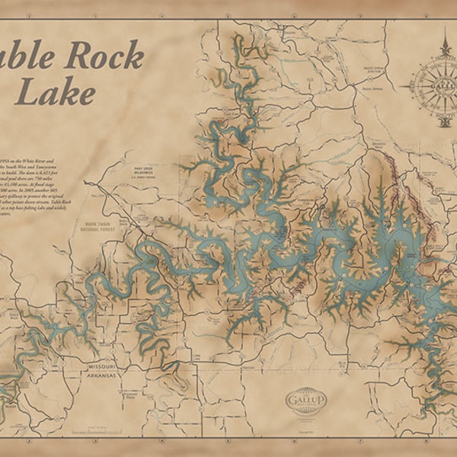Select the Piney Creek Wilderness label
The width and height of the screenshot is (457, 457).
point(144,169)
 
